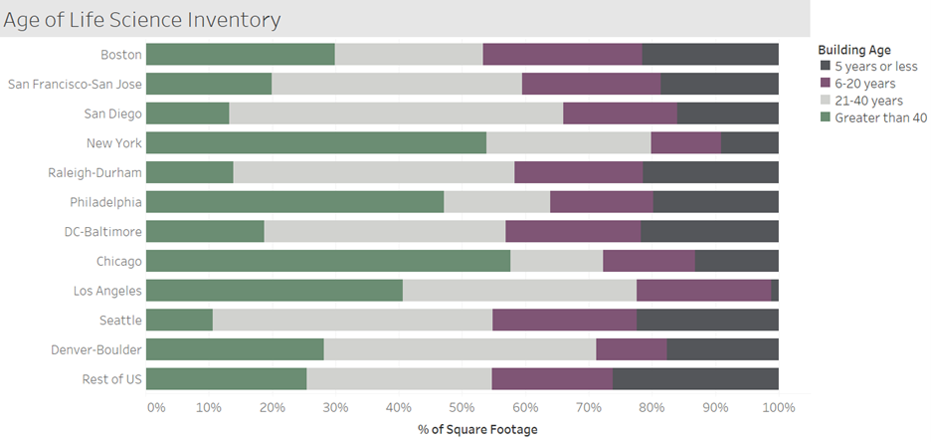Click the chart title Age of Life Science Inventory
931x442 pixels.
143,19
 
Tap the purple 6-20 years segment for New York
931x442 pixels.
685,142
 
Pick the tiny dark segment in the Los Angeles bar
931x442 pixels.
774,291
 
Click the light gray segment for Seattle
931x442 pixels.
352,320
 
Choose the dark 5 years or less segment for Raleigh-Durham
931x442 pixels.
710,172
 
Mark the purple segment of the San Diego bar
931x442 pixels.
620,113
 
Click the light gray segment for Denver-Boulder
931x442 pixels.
460,349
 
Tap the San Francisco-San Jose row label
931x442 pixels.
75,84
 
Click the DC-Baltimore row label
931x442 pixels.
96,232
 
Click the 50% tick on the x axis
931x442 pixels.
462,407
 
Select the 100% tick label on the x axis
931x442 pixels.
778,407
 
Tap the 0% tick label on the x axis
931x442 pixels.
155,407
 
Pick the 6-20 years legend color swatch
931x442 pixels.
825,84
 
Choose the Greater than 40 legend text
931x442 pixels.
880,117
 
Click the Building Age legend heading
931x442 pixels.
853,50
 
